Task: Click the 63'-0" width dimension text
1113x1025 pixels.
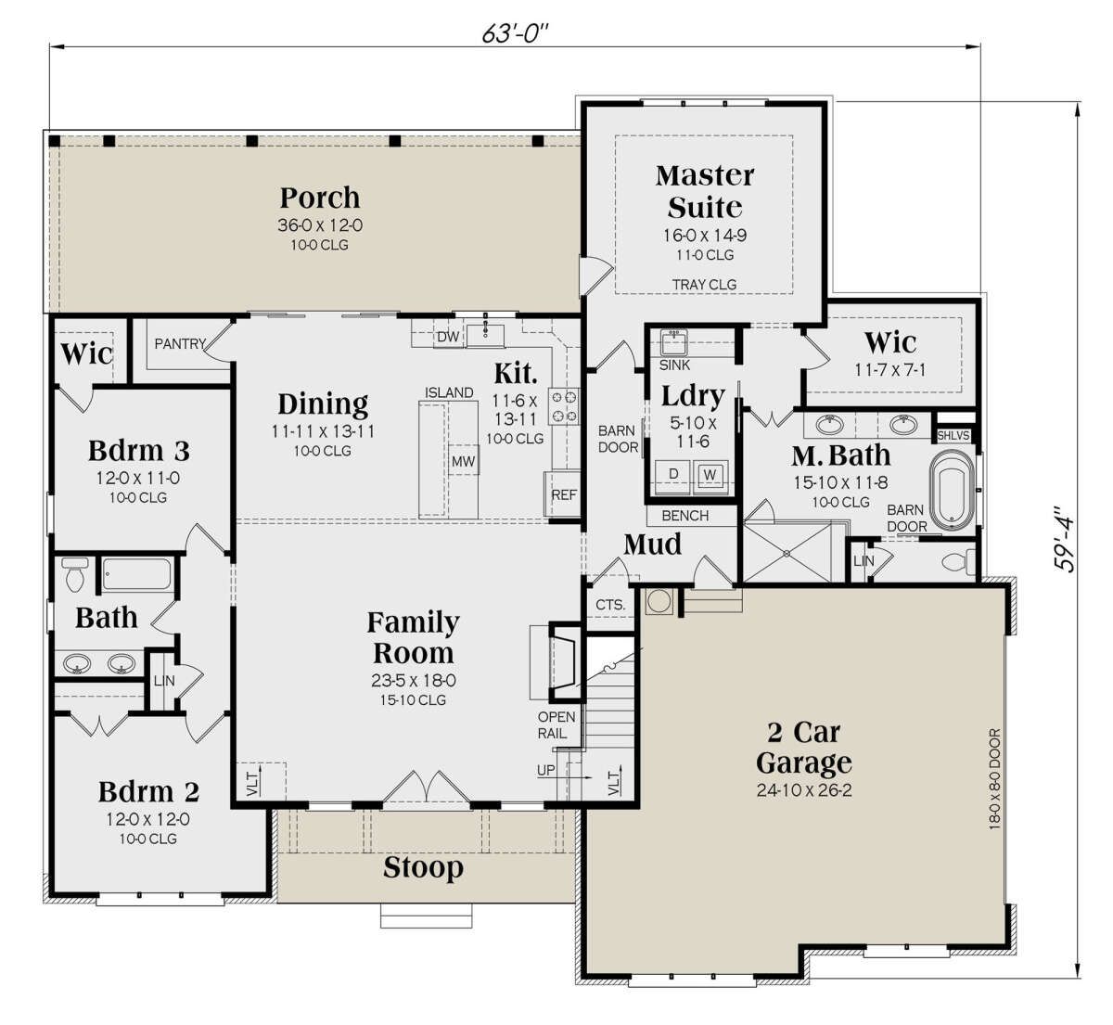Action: coord(515,34)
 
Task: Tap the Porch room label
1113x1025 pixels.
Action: coord(320,198)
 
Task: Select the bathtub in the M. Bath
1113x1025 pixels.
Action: coord(953,490)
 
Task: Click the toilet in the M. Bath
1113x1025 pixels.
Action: coord(959,562)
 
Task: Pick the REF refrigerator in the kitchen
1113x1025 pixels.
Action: coord(563,493)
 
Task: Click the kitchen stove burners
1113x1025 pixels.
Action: coord(564,407)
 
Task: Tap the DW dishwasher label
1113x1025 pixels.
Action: coord(448,337)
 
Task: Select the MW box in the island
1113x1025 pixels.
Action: coord(463,461)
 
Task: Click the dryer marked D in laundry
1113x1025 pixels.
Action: coord(673,476)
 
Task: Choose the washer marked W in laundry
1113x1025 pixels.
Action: coord(710,476)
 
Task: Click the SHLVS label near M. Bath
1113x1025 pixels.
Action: coord(953,436)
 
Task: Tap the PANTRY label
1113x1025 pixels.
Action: coord(180,344)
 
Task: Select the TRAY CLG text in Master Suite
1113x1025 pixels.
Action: coord(704,285)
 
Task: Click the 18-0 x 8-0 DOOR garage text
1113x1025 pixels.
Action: coord(994,779)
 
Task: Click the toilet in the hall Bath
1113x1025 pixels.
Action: coord(74,574)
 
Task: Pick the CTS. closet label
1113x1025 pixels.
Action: coord(610,605)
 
